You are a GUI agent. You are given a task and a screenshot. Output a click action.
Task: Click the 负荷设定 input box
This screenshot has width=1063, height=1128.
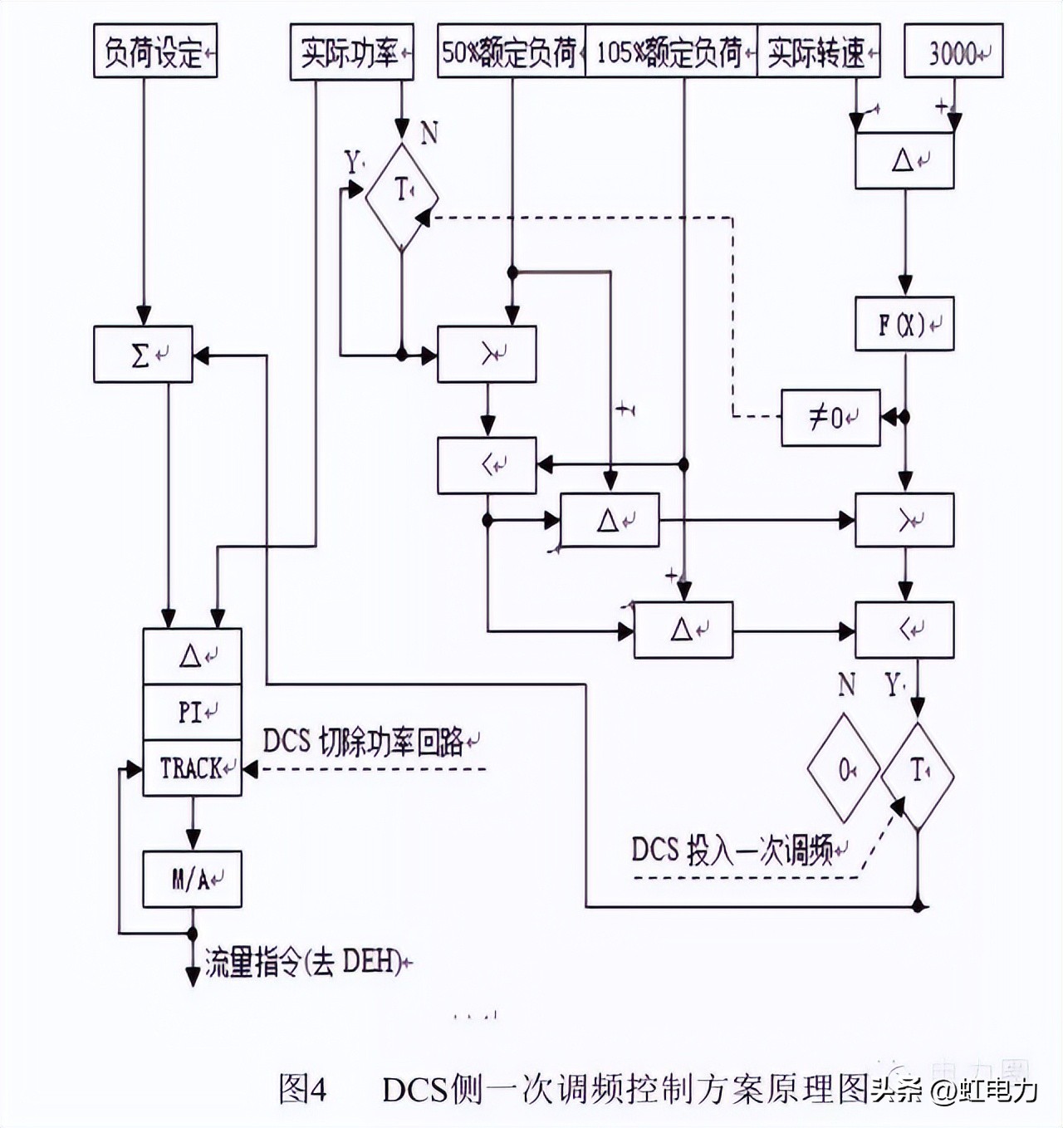point(155,51)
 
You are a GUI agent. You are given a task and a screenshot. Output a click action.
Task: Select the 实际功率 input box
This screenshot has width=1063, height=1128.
point(351,53)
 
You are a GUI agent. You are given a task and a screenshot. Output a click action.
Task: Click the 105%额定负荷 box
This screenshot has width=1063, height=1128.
point(671,51)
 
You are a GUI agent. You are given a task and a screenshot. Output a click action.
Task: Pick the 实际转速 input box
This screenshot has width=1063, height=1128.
point(818,51)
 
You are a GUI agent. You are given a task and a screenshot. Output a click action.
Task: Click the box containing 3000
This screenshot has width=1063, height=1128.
point(953,53)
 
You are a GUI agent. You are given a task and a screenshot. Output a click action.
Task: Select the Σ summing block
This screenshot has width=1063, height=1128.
point(143,355)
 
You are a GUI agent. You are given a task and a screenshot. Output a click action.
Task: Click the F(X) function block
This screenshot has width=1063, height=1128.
point(904,324)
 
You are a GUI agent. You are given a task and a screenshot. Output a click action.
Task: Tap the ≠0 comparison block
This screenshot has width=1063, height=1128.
point(830,417)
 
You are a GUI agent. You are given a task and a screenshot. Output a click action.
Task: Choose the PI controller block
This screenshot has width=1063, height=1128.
point(192,712)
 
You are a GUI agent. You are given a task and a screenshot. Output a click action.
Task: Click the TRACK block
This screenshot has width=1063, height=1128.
point(192,768)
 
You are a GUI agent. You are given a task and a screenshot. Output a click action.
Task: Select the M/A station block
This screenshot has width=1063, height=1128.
point(192,879)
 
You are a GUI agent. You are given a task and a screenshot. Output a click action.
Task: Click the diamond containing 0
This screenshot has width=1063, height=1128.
point(844,771)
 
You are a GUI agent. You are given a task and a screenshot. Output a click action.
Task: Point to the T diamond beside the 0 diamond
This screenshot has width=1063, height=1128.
point(918,774)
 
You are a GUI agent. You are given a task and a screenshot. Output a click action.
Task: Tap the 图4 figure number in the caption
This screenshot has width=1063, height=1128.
point(303,1088)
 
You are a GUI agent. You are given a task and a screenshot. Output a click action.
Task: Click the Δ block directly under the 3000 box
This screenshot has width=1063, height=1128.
point(904,160)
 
